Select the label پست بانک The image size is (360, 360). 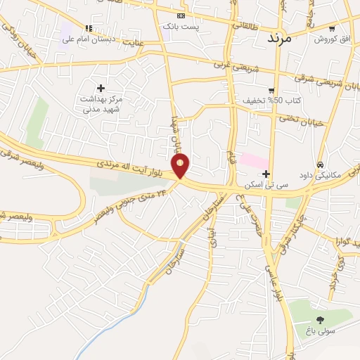click(181, 26)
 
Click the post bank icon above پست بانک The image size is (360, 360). click(181, 15)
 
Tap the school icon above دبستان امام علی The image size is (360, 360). click(89, 28)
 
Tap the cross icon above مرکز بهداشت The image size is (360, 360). click(101, 88)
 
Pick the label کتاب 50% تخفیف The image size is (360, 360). click(272, 101)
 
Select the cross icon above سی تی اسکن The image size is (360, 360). click(266, 173)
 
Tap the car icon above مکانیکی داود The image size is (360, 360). click(320, 164)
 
